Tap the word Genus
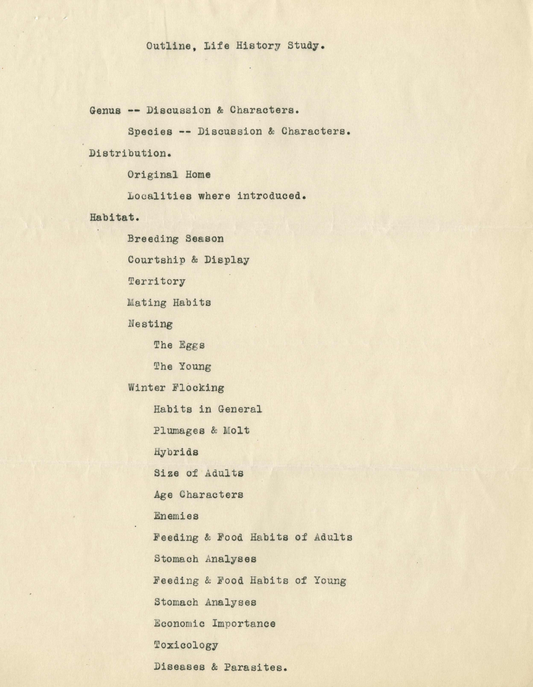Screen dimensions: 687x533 [105, 111]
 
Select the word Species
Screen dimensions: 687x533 [150, 132]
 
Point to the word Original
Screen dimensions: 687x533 [153, 175]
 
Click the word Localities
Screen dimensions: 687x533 [159, 196]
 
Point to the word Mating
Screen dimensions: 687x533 [147, 303]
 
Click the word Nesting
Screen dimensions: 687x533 [150, 324]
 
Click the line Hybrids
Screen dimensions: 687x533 [176, 452]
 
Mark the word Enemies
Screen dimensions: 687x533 [176, 516]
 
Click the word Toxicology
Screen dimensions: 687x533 [186, 645]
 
